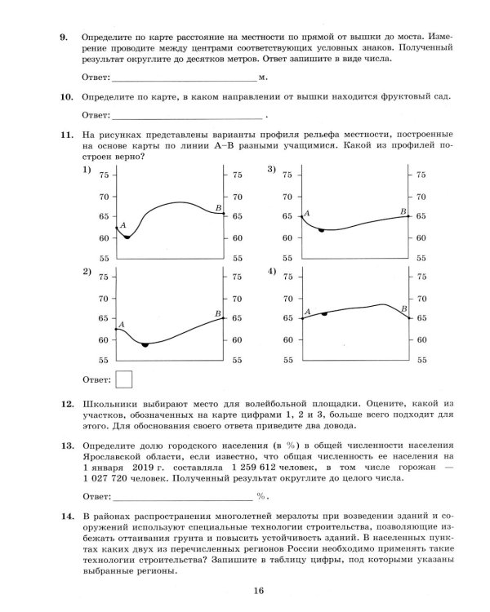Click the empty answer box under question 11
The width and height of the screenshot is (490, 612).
[125, 379]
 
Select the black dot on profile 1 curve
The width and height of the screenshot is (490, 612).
[127, 237]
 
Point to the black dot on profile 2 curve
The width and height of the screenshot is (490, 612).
[145, 345]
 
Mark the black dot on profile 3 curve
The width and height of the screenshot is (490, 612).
[322, 230]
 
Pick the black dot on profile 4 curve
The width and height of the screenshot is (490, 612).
[325, 313]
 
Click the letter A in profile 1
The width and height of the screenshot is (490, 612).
[122, 225]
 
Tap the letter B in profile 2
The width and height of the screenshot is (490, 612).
[217, 313]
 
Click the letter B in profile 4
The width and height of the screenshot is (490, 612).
[403, 308]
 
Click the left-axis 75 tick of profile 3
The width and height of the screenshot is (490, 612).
[287, 175]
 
